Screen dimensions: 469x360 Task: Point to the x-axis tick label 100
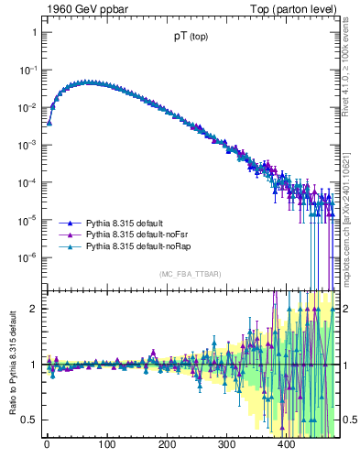coord(106,445)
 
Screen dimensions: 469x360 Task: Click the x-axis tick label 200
coord(167,445)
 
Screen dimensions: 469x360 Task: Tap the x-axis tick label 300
coord(226,445)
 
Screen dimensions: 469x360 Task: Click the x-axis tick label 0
coord(47,445)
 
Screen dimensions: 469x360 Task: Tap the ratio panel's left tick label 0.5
coord(29,420)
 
